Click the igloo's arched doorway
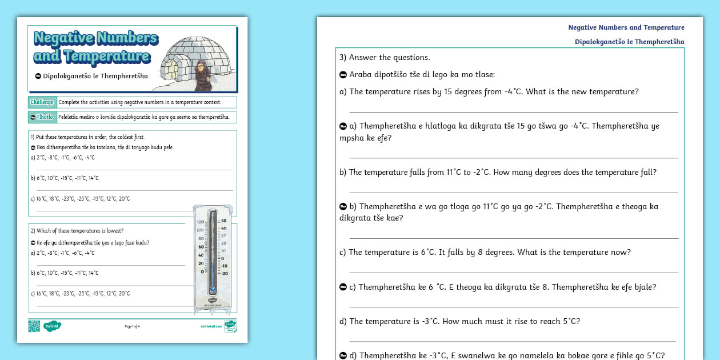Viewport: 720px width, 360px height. pos(171,70)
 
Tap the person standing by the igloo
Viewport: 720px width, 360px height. pos(202,75)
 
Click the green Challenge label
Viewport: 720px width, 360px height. pos(42,102)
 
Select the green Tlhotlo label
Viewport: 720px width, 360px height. pos(42,117)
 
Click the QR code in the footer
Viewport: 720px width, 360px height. pos(34,326)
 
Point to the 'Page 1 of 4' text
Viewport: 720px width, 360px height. pos(132,326)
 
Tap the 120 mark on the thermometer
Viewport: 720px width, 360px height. pos(200,222)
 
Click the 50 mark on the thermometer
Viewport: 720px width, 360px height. pos(225,221)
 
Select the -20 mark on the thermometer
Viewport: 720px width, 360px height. pos(225,273)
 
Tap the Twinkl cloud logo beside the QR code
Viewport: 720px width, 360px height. pos(53,326)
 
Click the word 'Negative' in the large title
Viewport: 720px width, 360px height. pos(63,38)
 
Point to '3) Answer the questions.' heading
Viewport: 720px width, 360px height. pos(385,57)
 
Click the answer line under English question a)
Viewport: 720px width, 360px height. pos(513,111)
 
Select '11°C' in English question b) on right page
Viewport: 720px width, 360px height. pos(455,172)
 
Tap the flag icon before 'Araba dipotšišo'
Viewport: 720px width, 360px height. pos(343,75)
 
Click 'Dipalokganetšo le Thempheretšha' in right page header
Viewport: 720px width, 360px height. pos(629,42)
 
